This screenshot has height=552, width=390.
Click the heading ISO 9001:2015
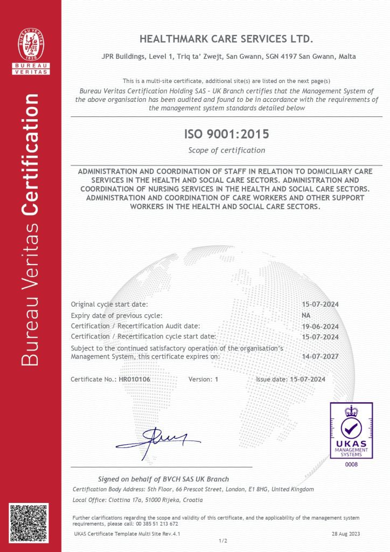coord(226,134)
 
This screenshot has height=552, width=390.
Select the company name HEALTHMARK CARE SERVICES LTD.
coord(226,39)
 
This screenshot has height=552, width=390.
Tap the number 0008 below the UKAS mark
coord(351,464)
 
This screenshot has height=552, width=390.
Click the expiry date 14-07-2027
coord(320,356)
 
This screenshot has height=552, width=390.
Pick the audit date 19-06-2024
coord(320,326)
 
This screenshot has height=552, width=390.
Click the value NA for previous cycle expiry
coord(306,315)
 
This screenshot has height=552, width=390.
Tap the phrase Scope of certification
coord(226,150)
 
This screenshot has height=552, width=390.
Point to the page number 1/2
coord(223,540)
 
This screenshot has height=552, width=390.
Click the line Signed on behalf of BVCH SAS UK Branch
coord(163,479)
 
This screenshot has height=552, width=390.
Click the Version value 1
coord(216,379)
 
